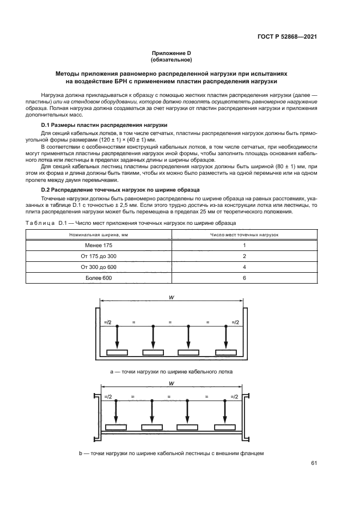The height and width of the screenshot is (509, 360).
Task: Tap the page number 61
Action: pyautogui.click(x=314, y=463)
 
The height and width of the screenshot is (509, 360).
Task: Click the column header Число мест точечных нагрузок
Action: pyautogui.click(x=245, y=234)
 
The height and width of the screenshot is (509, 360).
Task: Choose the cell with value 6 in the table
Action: pyautogui.click(x=245, y=278)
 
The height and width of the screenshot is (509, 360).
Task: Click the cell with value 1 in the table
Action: pyautogui.click(x=245, y=245)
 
